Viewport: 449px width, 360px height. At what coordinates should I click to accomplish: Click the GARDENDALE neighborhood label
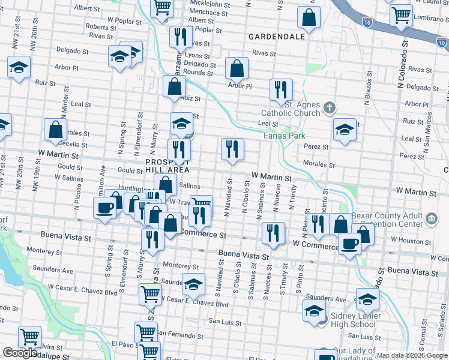click(277, 37)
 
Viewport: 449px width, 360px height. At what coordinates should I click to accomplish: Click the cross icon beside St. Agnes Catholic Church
click(328, 109)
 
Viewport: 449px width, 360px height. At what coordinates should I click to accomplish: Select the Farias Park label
click(285, 136)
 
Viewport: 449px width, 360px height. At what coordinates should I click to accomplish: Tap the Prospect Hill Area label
click(167, 166)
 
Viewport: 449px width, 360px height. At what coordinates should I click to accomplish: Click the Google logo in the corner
click(20, 353)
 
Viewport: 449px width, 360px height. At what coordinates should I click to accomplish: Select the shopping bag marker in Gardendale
click(309, 18)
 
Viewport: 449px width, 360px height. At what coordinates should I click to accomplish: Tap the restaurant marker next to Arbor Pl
click(280, 90)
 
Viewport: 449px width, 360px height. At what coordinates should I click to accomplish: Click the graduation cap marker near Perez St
click(345, 130)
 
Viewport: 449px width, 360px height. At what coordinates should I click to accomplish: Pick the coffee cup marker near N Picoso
click(105, 209)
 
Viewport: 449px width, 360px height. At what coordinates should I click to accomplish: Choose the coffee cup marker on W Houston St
click(350, 244)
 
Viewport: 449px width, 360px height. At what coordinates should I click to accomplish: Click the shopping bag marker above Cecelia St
click(55, 130)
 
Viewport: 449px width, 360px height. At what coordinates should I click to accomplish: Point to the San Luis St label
click(224, 321)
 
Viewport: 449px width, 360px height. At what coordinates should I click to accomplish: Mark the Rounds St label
click(198, 73)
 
